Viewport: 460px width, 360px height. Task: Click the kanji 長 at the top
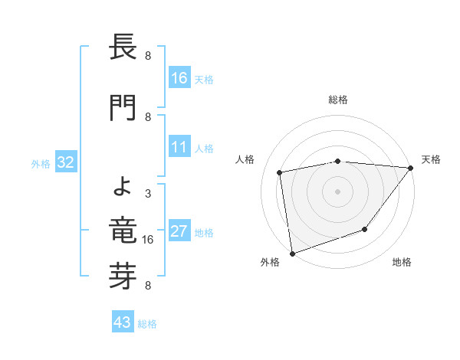[123, 49]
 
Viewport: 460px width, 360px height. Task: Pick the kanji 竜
[123, 231]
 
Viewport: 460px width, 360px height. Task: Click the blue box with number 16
[179, 78]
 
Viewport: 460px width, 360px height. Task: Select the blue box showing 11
[179, 148]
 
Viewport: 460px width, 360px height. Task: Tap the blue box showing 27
[179, 232]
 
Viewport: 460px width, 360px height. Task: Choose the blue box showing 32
[65, 162]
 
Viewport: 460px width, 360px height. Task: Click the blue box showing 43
[123, 323]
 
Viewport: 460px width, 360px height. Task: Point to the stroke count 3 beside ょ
[148, 195]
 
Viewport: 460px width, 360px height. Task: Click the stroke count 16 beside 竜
[148, 240]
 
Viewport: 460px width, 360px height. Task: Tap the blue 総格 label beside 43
[147, 324]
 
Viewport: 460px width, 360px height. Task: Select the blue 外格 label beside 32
[41, 163]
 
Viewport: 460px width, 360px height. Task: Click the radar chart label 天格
[431, 159]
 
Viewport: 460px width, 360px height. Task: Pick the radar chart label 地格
[402, 263]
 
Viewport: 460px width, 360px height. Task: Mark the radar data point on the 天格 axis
[410, 168]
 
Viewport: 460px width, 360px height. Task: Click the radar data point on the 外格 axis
[292, 253]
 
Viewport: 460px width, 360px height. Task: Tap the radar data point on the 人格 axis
[280, 172]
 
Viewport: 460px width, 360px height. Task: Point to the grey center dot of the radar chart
[337, 191]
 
